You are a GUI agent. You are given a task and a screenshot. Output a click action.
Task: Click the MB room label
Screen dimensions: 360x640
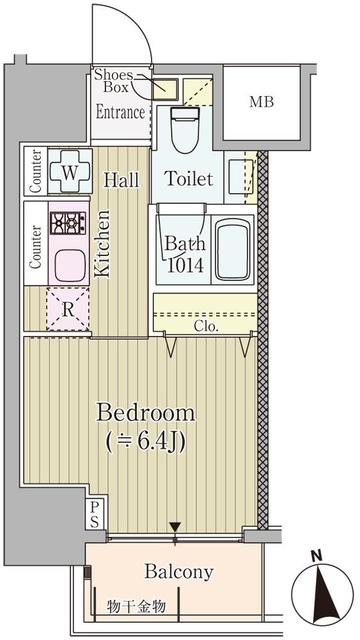pos(262,102)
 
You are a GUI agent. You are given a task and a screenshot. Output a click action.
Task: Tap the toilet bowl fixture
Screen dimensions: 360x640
pos(184,129)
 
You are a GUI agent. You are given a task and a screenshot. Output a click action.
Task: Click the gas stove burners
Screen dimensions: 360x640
pos(69,223)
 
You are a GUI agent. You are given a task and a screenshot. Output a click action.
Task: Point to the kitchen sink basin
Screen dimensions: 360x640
pos(69,266)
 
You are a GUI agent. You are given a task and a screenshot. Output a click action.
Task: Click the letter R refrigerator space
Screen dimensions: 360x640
pos(68,309)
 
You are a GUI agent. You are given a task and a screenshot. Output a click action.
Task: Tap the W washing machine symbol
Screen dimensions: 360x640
pos(70,171)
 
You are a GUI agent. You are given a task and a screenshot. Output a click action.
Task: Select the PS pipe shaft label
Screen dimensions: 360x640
pos(94,515)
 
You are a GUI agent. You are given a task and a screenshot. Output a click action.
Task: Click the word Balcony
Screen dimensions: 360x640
pos(179,572)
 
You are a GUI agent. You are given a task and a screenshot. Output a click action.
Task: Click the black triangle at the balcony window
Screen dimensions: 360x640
pos(175,527)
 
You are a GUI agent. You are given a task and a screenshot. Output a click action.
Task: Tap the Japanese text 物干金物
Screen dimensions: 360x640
pos(137,607)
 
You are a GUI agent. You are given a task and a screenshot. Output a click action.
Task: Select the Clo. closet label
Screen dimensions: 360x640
pos(206,327)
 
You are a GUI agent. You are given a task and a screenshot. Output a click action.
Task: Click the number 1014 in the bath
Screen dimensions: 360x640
pos(186,265)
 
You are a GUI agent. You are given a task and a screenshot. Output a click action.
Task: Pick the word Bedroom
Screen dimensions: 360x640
pos(145,413)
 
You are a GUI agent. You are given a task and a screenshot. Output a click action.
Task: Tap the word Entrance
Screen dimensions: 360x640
pos(120,112)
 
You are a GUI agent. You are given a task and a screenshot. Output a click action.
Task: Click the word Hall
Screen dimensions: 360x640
pos(121,180)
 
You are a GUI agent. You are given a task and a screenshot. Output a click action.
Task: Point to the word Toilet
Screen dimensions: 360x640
pos(189,179)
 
